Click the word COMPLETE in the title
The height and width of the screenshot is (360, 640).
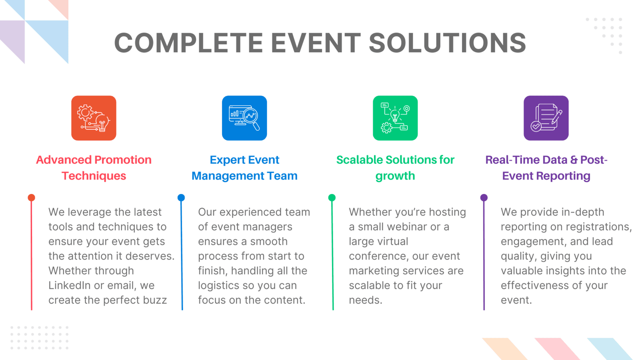tap(188, 43)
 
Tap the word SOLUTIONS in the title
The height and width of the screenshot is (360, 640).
tap(448, 43)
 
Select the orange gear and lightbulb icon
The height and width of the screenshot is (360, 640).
tap(94, 118)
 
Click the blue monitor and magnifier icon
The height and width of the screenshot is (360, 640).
tap(244, 118)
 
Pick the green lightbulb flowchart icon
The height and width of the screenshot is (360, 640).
tap(395, 118)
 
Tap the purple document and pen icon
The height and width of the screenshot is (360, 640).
tap(546, 118)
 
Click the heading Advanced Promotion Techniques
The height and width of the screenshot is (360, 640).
tap(94, 168)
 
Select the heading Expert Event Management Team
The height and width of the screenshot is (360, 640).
tap(244, 168)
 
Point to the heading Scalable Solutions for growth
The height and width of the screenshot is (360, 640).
tap(395, 168)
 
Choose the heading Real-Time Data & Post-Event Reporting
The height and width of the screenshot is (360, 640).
tap(546, 168)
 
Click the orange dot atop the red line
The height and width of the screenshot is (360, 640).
tap(32, 198)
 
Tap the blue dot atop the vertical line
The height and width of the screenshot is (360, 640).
tap(181, 198)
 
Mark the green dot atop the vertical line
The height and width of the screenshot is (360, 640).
tap(332, 198)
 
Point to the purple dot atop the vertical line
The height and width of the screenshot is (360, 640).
tap(484, 198)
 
